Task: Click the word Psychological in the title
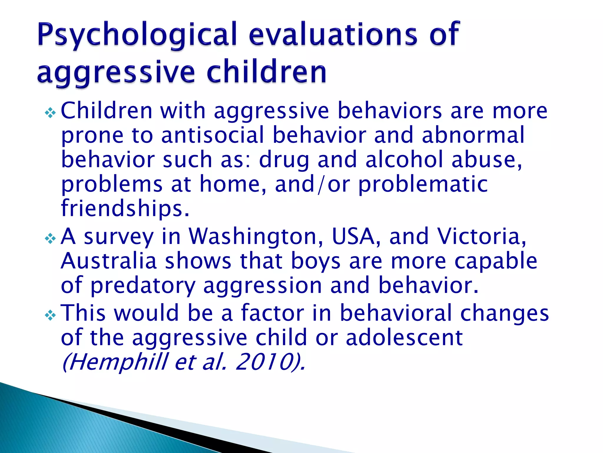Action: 137,35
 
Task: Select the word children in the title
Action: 266,72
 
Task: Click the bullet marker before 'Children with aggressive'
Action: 50,113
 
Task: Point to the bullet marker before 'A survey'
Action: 50,238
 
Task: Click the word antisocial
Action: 213,135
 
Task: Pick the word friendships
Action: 125,208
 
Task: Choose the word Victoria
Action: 481,237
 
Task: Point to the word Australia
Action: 108,261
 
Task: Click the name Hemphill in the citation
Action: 115,362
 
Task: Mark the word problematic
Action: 423,184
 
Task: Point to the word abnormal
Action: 473,135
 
